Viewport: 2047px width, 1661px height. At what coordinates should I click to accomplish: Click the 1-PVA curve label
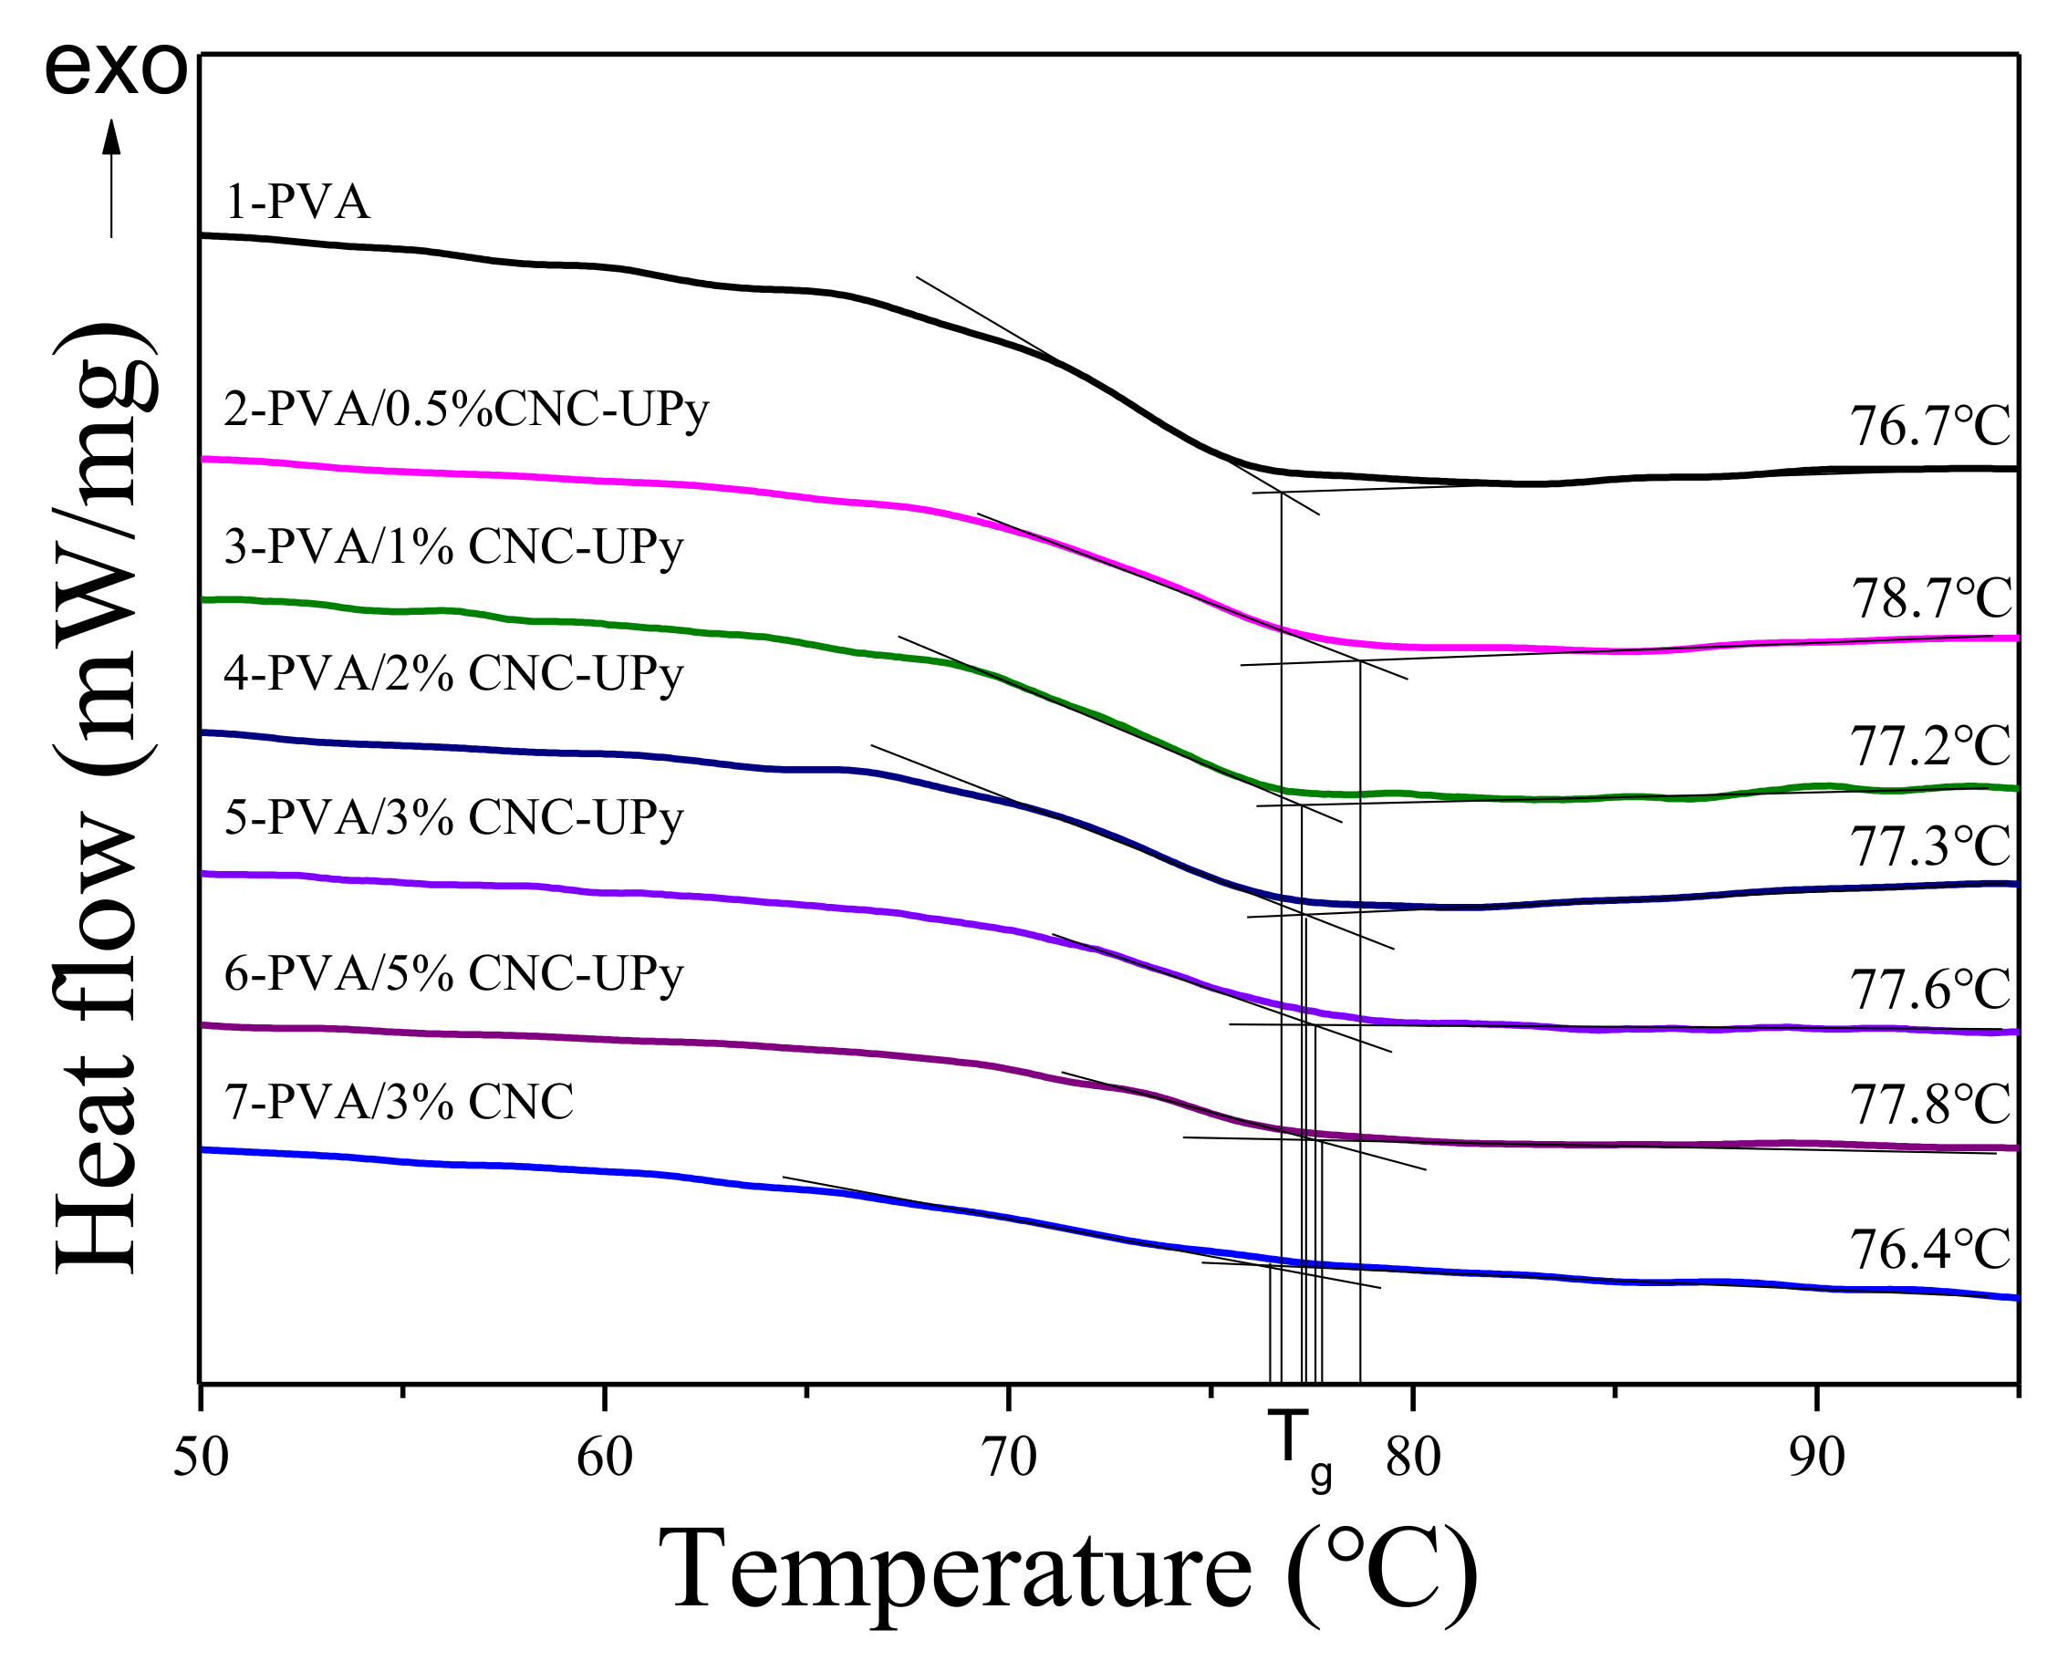pos(296,202)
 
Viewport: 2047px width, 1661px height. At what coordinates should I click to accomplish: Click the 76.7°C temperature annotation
pos(1929,427)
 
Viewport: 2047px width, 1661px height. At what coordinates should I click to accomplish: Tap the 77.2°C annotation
pos(1929,746)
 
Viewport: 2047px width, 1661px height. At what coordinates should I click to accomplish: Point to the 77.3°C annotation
pos(1929,845)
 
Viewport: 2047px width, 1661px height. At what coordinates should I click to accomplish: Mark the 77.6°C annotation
pos(1929,990)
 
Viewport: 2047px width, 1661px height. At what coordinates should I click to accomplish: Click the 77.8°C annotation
pos(1929,1105)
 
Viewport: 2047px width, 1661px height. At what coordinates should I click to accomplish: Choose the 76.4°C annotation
pos(1929,1249)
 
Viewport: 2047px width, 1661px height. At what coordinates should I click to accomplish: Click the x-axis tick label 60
pos(605,1458)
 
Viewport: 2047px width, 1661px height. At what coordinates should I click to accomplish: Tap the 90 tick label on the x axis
pos(1816,1458)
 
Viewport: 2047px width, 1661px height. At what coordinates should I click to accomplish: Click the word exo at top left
pos(116,69)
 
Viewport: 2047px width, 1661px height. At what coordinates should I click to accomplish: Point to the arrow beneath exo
pos(112,178)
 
